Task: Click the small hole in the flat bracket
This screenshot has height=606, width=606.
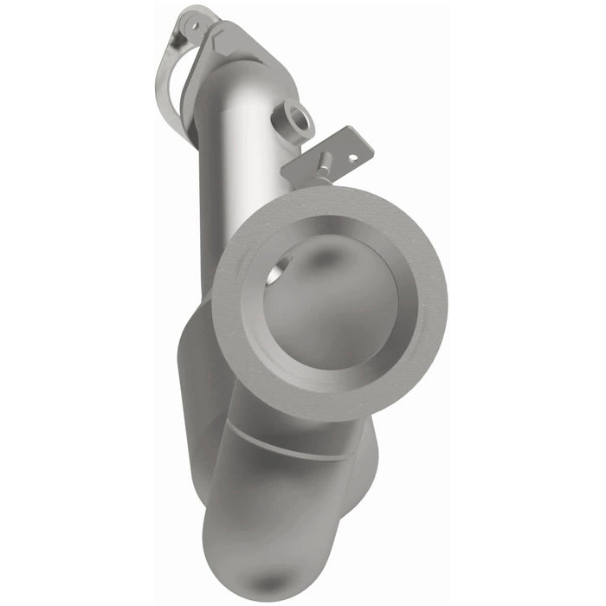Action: tap(351, 157)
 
